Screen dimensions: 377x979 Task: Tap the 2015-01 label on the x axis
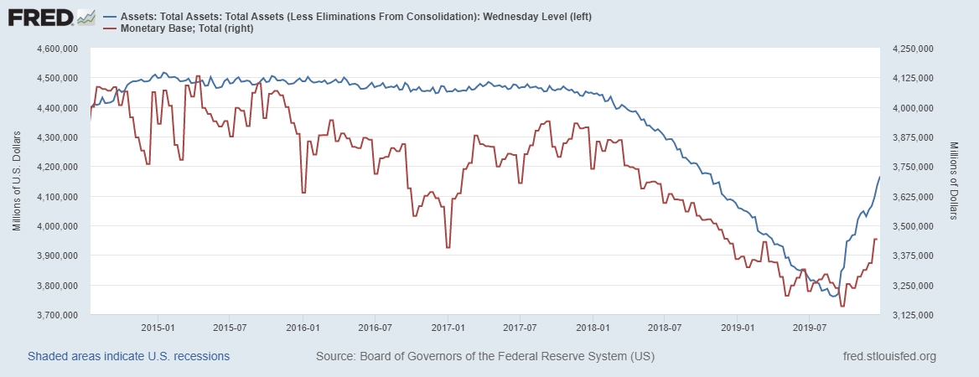(x=158, y=327)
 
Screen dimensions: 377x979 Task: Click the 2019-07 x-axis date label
(x=808, y=327)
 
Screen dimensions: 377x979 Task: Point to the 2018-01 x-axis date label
(x=592, y=327)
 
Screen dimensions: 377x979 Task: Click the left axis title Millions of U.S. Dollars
(x=17, y=182)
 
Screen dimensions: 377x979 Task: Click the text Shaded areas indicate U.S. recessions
(x=128, y=357)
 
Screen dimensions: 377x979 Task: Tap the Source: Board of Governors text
(x=485, y=357)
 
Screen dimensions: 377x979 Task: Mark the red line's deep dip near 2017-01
(x=448, y=247)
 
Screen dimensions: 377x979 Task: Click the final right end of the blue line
(x=879, y=176)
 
